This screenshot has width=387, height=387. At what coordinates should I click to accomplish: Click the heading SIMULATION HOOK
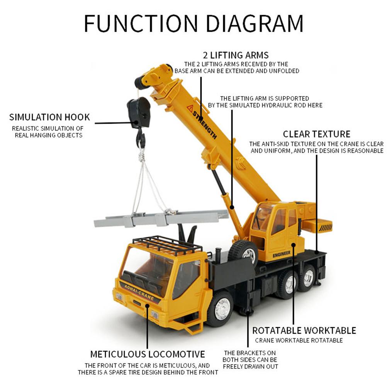(x=49, y=117)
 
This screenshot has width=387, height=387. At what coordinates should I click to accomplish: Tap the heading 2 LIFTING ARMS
(x=236, y=55)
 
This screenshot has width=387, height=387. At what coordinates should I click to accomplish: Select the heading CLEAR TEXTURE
(x=316, y=134)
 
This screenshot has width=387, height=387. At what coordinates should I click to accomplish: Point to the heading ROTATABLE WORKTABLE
(x=304, y=331)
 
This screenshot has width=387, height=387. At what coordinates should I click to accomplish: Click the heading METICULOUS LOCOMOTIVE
(x=148, y=354)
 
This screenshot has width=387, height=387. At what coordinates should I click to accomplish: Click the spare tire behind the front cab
(x=244, y=253)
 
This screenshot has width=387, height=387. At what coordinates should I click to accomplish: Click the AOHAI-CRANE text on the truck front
(x=139, y=291)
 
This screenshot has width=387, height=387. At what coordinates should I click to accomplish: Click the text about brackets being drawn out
(x=250, y=359)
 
